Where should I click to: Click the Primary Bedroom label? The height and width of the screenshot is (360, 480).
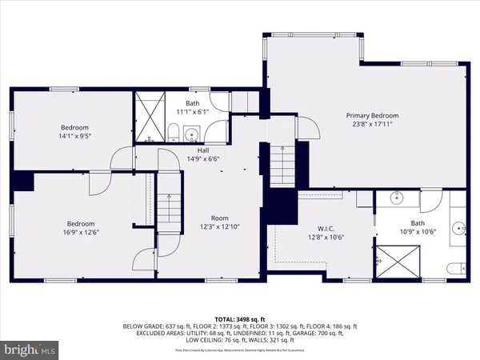tap(372, 115)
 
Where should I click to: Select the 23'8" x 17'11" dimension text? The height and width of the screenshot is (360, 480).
tap(372, 124)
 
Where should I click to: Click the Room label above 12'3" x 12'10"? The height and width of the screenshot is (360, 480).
tap(219, 218)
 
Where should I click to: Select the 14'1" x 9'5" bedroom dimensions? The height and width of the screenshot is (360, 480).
tap(74, 136)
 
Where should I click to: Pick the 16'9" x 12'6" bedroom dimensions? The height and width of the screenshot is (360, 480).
tap(81, 232)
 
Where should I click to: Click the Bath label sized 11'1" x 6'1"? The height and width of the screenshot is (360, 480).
tap(192, 103)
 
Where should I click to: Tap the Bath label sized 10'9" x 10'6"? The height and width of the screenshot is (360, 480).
tap(417, 223)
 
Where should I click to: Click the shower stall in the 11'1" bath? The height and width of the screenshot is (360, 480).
tap(150, 116)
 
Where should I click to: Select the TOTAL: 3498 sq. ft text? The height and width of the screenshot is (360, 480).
tap(240, 319)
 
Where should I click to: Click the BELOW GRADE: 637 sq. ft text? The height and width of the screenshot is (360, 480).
tap(155, 326)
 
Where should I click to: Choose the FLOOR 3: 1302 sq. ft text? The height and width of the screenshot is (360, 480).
tap(287, 326)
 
